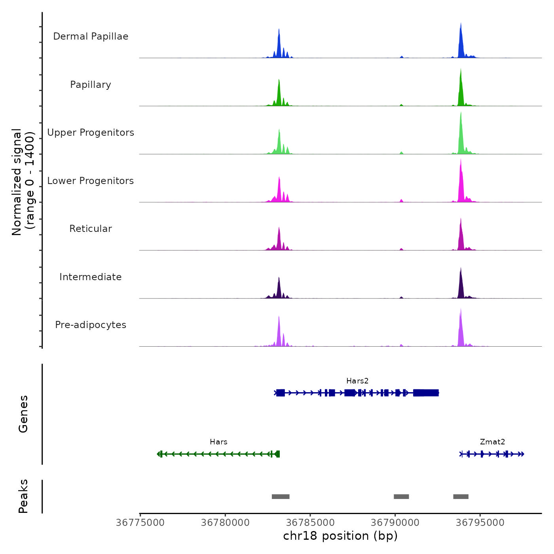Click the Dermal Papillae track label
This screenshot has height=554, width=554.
(x=91, y=36)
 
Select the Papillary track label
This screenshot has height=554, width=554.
(x=91, y=85)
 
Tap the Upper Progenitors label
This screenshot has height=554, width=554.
(x=91, y=133)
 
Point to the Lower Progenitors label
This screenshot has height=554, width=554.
(x=91, y=181)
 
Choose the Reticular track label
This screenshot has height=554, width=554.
(x=91, y=229)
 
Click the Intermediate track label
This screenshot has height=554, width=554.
(x=91, y=277)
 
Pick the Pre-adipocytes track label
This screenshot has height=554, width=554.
(x=91, y=325)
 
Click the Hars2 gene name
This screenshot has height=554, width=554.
(x=357, y=381)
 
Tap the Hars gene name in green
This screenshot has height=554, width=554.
(x=218, y=442)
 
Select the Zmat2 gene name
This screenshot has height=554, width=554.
(x=492, y=442)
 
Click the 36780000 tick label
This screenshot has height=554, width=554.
(x=225, y=523)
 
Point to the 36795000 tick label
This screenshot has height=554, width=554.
(x=480, y=523)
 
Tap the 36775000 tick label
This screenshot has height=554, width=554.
(x=140, y=523)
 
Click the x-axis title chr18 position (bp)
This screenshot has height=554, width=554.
(x=340, y=536)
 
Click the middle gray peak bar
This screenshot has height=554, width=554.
(x=401, y=497)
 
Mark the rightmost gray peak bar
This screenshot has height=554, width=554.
(x=461, y=497)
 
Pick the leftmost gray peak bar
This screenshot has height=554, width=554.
(x=281, y=497)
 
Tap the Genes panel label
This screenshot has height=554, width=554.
(x=23, y=414)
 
